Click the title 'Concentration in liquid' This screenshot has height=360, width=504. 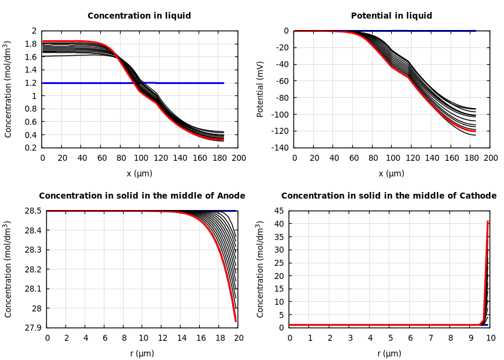coord(139,16)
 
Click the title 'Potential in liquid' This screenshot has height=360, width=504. coord(391,16)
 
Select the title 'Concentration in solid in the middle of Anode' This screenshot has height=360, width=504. coord(142,196)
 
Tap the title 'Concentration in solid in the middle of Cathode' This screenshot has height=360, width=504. coord(389,196)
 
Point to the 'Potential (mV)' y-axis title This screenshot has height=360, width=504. coord(260,89)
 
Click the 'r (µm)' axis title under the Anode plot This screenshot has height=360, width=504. coord(142,353)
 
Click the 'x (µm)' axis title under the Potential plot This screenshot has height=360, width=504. coord(391,173)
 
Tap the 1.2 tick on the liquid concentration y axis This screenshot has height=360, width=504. coord(31,83)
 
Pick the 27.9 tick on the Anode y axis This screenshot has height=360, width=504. coord(33,328)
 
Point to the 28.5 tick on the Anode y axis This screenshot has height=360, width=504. coord(33,211)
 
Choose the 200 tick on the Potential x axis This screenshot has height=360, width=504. coord(490,158)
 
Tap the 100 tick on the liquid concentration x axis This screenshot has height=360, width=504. coord(140,158)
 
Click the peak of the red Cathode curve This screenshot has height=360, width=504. coord(488,221)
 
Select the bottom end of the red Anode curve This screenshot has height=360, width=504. coord(236,322)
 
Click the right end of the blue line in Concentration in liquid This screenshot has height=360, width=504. coord(223,83)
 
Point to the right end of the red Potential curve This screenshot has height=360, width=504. coord(475,131)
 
